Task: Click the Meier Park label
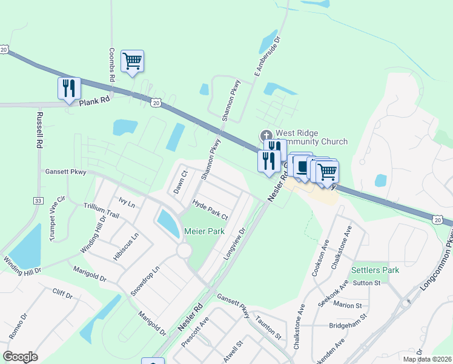click(205, 231)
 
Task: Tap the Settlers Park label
click(375, 270)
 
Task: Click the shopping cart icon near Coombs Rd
click(132, 61)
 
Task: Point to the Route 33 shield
click(38, 200)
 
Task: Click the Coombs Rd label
click(112, 63)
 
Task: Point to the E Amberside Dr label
click(267, 55)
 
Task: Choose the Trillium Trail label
click(102, 211)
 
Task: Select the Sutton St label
click(366, 282)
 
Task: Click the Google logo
click(20, 357)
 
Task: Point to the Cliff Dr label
click(62, 295)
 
